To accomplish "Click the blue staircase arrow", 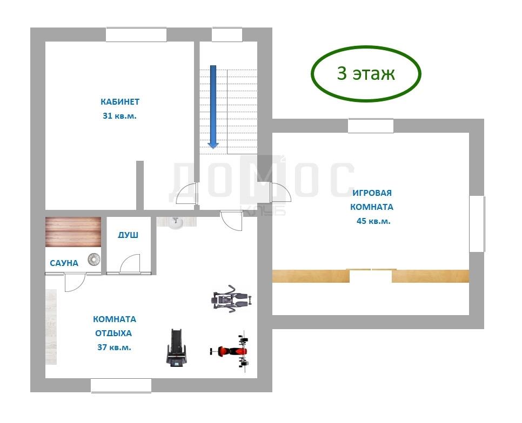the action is pyautogui.click(x=213, y=107).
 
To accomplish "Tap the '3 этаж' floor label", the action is pyautogui.click(x=366, y=73).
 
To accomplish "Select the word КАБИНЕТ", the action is pyautogui.click(x=120, y=101).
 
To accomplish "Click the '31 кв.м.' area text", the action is pyautogui.click(x=119, y=116).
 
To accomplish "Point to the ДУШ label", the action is pyautogui.click(x=128, y=235).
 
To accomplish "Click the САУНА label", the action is pyautogui.click(x=64, y=263).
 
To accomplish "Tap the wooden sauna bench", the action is pyautogui.click(x=73, y=232).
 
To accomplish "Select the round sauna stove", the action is pyautogui.click(x=94, y=260).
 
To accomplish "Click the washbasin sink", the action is pyautogui.click(x=176, y=223).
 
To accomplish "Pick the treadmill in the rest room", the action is pyautogui.click(x=177, y=347).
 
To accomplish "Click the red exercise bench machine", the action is pyautogui.click(x=231, y=351).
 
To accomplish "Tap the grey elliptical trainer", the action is pyautogui.click(x=231, y=298).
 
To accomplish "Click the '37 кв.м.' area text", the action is pyautogui.click(x=114, y=347).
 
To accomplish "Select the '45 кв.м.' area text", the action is pyautogui.click(x=373, y=221).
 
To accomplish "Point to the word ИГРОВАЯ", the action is pyautogui.click(x=372, y=193).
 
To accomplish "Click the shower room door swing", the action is pyautogui.click(x=130, y=264).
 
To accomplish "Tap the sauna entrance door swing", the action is pyautogui.click(x=75, y=282).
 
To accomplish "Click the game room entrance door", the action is pyautogui.click(x=282, y=192).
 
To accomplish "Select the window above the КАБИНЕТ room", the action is pyautogui.click(x=136, y=35).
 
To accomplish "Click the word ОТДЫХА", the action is pyautogui.click(x=113, y=333).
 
